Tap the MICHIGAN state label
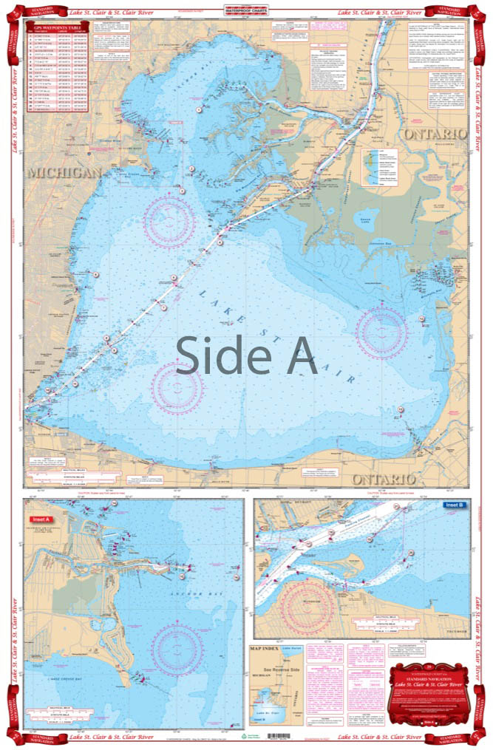point(64,172)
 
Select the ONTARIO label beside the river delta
point(434,133)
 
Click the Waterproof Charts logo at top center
point(246,11)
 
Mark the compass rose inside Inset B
point(308,602)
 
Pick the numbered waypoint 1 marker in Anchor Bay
point(199,109)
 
